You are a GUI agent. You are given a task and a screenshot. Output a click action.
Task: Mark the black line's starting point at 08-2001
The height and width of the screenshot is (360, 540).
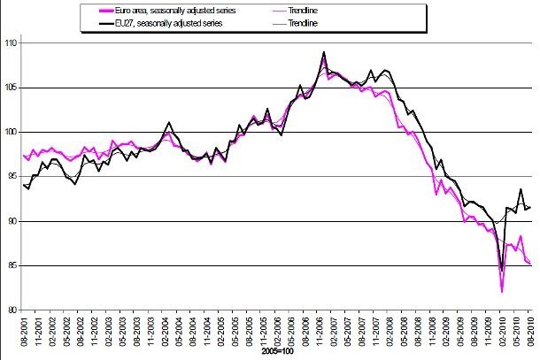coord(24,185)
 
